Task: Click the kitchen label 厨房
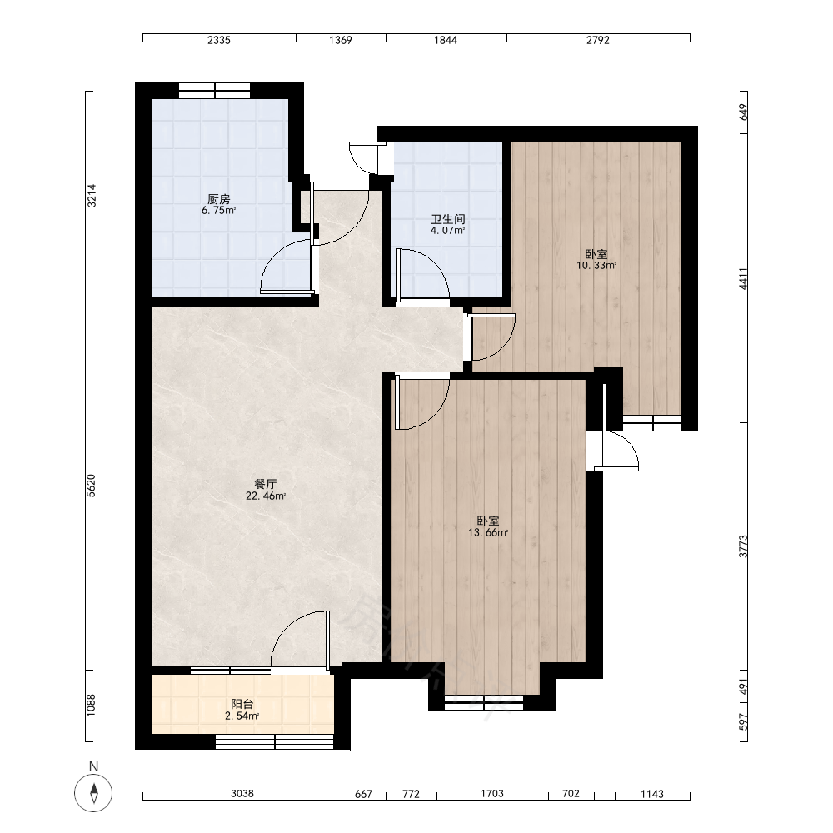click(x=218, y=199)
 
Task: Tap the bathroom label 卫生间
click(x=448, y=219)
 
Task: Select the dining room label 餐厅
click(x=266, y=484)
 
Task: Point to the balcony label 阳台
click(x=242, y=704)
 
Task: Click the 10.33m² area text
click(x=596, y=265)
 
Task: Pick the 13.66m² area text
click(x=487, y=533)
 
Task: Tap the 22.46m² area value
click(x=266, y=496)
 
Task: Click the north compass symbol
click(x=93, y=793)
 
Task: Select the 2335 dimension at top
click(x=219, y=40)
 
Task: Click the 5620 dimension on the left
click(x=92, y=486)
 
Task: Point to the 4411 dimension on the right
click(x=743, y=278)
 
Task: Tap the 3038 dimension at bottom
click(x=242, y=793)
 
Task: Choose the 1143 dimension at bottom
click(x=652, y=794)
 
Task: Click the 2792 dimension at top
click(x=597, y=40)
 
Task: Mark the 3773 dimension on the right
click(x=743, y=546)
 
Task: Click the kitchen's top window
click(x=215, y=91)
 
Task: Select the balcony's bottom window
click(x=274, y=741)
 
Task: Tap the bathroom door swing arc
click(x=435, y=266)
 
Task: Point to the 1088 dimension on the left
click(x=92, y=706)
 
